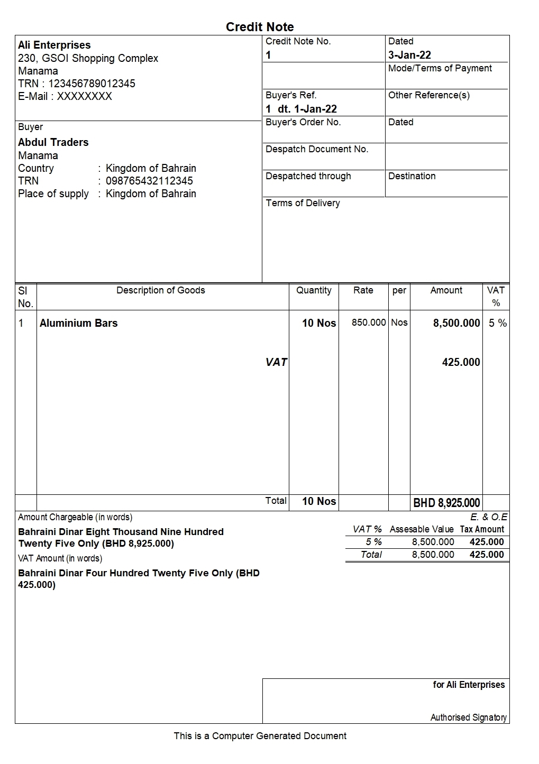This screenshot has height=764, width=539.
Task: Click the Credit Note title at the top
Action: point(260,27)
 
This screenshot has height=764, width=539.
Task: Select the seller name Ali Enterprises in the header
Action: point(54,45)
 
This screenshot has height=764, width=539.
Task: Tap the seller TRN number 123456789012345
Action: point(92,84)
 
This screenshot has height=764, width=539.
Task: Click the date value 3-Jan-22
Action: point(409,55)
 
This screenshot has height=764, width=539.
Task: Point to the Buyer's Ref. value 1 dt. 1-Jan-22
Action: point(301,109)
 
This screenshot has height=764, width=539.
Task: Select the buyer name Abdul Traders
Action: point(53,142)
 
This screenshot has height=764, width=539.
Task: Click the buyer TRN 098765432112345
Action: point(149,181)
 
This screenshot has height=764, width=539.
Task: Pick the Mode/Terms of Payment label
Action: point(440,68)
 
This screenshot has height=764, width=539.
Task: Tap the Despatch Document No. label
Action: point(317,149)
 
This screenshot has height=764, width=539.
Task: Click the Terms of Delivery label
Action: point(303,203)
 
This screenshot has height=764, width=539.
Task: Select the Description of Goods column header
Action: point(160,290)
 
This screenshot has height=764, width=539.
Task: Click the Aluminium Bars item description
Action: point(79,323)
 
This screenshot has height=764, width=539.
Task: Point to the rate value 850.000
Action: point(369,323)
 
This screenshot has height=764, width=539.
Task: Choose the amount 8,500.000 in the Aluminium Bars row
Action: point(456,323)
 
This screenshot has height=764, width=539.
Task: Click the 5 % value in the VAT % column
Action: point(497,323)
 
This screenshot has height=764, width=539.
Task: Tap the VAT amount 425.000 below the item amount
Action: point(461,362)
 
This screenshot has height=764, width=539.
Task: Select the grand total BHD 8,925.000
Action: point(446,503)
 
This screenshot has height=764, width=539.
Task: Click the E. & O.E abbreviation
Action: point(488,517)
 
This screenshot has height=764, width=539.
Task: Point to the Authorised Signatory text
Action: point(468,717)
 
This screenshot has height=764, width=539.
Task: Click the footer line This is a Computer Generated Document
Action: point(260,736)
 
